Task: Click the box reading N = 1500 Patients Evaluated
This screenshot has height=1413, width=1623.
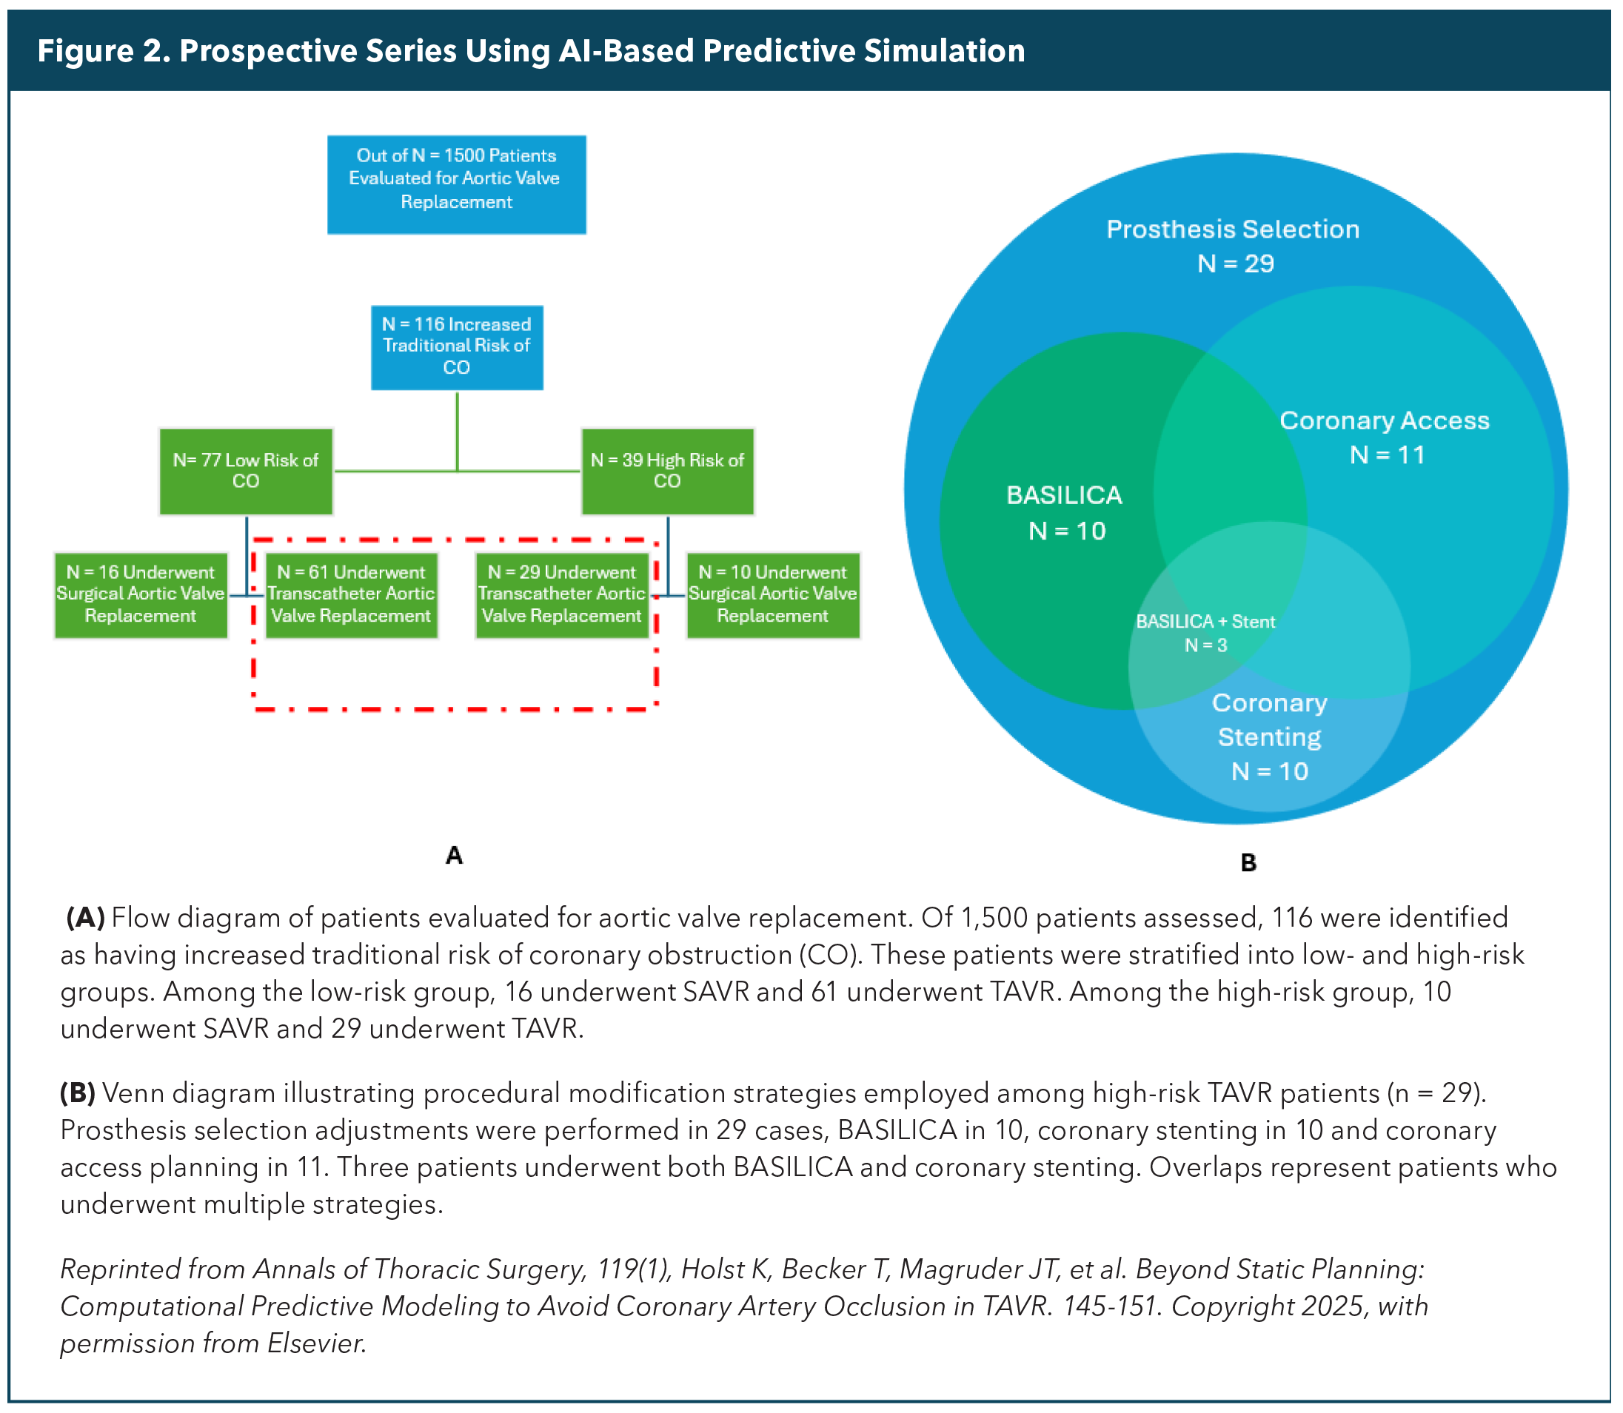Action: (457, 184)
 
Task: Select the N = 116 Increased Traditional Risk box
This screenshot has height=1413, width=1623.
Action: (457, 347)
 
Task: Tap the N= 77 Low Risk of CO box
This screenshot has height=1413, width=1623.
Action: (246, 471)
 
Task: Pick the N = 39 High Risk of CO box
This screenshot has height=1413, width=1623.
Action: (667, 471)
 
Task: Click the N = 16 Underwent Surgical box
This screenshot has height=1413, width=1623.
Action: (141, 595)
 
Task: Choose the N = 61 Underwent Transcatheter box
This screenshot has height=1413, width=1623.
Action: (351, 595)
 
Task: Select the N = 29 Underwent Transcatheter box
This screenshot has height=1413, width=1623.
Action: (561, 595)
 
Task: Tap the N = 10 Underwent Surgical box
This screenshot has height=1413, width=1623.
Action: (773, 595)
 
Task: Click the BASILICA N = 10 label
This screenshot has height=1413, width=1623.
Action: (1065, 512)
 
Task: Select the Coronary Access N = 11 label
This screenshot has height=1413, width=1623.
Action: (1385, 437)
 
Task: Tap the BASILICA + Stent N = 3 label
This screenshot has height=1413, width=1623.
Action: (1206, 633)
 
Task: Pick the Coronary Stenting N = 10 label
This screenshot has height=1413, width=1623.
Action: (1270, 737)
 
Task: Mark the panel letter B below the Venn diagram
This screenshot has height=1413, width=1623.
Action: (1248, 862)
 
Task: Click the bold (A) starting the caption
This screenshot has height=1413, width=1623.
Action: (85, 918)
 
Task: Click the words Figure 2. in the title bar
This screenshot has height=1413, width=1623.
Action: (104, 50)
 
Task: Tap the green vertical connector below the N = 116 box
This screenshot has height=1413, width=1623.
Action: (458, 432)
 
